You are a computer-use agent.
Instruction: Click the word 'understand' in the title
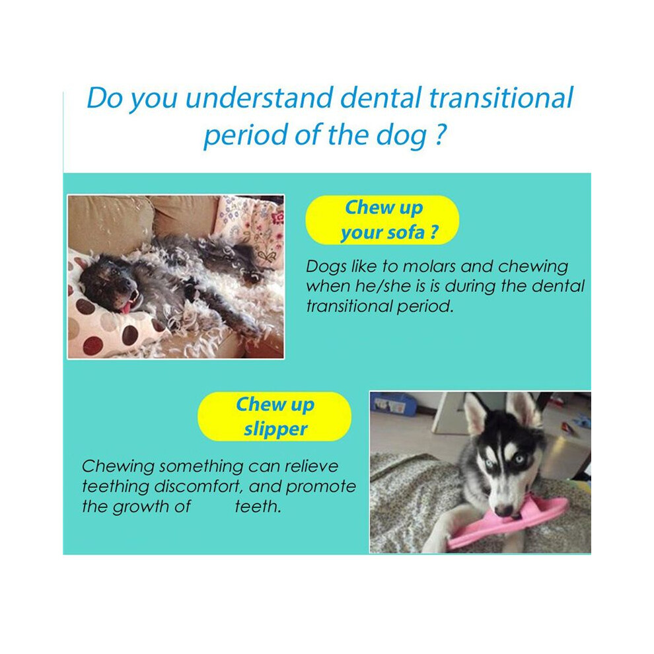click(259, 98)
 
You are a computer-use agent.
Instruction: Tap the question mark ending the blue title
click(440, 134)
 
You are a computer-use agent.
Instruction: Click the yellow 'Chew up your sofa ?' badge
click(382, 220)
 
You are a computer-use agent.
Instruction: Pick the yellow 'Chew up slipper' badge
click(274, 416)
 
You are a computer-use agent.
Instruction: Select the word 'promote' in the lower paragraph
click(321, 487)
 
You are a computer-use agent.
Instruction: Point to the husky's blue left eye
click(519, 459)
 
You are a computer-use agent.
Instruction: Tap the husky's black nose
click(504, 510)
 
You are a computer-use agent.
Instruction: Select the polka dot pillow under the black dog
click(109, 320)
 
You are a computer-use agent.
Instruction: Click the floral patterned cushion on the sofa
click(250, 230)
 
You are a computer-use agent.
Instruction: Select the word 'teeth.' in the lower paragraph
click(258, 507)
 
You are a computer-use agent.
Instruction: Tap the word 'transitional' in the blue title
click(501, 98)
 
